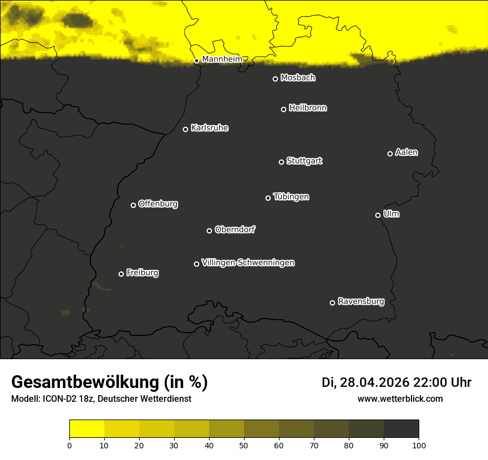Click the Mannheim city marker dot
coord(196,61)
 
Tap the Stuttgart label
coord(304,161)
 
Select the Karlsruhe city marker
coord(185,130)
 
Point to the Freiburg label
coord(143,273)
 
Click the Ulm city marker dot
coord(378,215)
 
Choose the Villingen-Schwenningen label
coord(248,263)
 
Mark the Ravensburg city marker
coord(332,303)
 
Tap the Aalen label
coord(406,152)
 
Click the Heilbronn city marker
coord(283,109)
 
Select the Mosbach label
coord(298,78)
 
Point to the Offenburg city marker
coord(133,205)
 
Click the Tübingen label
coord(291,197)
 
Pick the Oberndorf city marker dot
coord(209,231)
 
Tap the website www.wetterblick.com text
coord(400,398)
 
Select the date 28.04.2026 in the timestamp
coord(375,382)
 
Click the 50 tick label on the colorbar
coord(244,444)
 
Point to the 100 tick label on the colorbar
coord(419,444)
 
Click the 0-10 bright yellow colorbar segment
coord(87,429)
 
